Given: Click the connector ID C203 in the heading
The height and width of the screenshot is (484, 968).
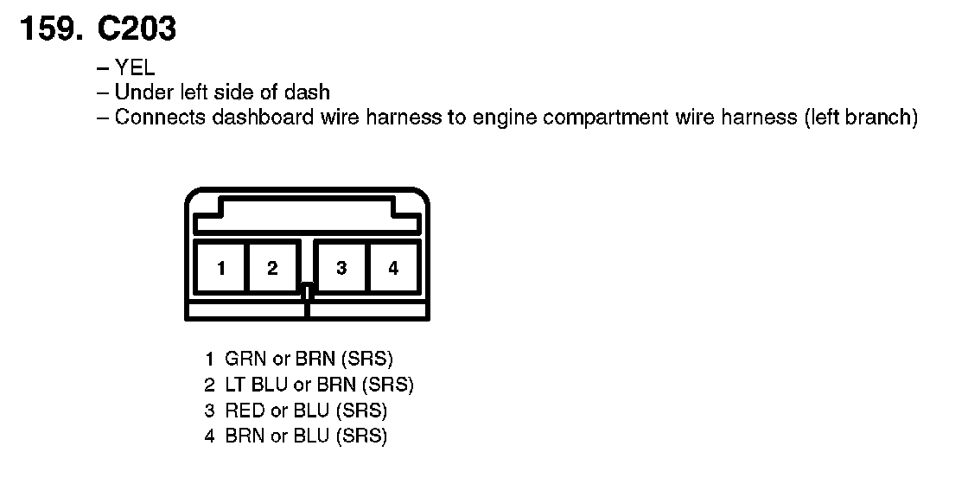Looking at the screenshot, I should coord(137,29).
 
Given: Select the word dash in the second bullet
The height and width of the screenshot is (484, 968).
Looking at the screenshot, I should coord(310,92).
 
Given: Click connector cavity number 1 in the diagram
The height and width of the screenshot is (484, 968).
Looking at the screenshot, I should coord(221,268).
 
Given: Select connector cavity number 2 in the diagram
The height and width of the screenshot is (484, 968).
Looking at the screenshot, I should coord(272,268).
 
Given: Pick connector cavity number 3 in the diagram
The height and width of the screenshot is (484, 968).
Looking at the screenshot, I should coord(342,268).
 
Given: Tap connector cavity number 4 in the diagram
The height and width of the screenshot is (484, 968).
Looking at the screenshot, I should coord(393,268).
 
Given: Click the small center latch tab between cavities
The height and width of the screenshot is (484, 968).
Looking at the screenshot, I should coord(307,292).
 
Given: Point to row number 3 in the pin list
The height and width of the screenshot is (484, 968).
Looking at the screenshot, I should coord(209,411).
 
